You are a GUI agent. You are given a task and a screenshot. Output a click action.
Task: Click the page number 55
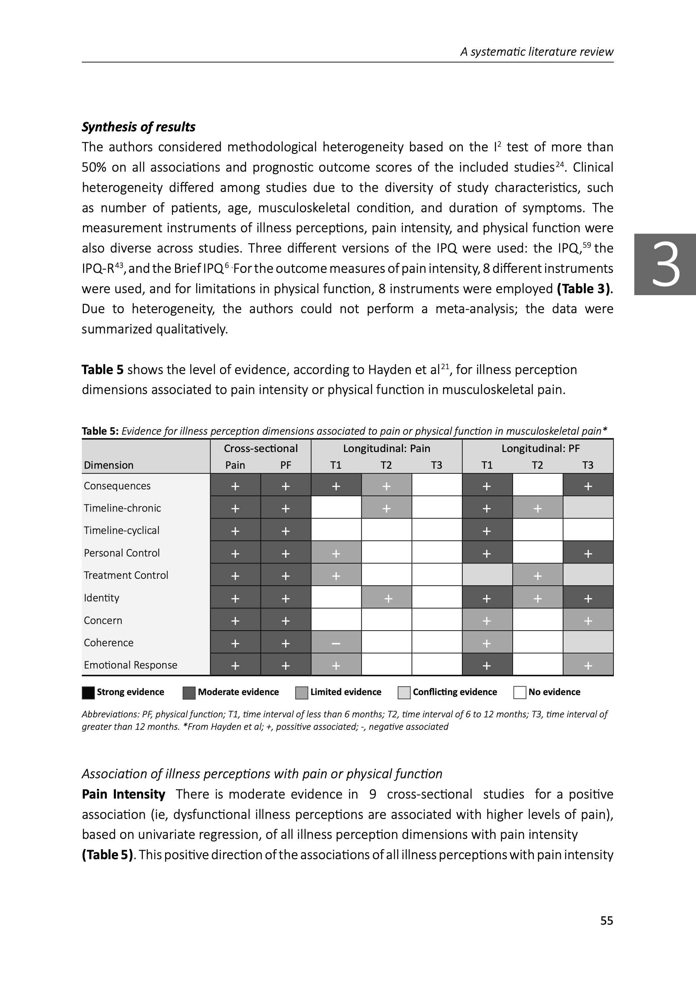[x=606, y=920]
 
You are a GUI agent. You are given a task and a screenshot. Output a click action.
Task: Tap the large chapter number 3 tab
[x=666, y=264]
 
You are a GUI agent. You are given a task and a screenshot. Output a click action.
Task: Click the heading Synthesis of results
[x=138, y=127]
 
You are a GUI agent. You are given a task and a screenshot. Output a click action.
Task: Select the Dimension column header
[x=109, y=465]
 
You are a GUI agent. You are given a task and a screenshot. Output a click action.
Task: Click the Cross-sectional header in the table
[x=261, y=448]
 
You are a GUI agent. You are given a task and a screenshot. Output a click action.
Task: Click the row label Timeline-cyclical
[x=122, y=530]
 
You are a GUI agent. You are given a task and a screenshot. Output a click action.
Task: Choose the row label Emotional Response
[x=130, y=665]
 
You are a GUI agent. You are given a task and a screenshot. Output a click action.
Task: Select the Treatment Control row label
[x=126, y=575]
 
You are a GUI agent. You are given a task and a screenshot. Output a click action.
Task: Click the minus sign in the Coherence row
[x=336, y=643]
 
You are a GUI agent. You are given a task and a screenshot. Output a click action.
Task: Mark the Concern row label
[x=103, y=620]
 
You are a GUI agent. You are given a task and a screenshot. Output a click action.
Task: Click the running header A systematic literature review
[x=537, y=52]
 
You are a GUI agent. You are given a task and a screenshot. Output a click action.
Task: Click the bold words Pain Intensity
[x=123, y=794]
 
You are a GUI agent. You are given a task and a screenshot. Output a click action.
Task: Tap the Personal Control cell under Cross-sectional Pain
[x=235, y=553]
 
